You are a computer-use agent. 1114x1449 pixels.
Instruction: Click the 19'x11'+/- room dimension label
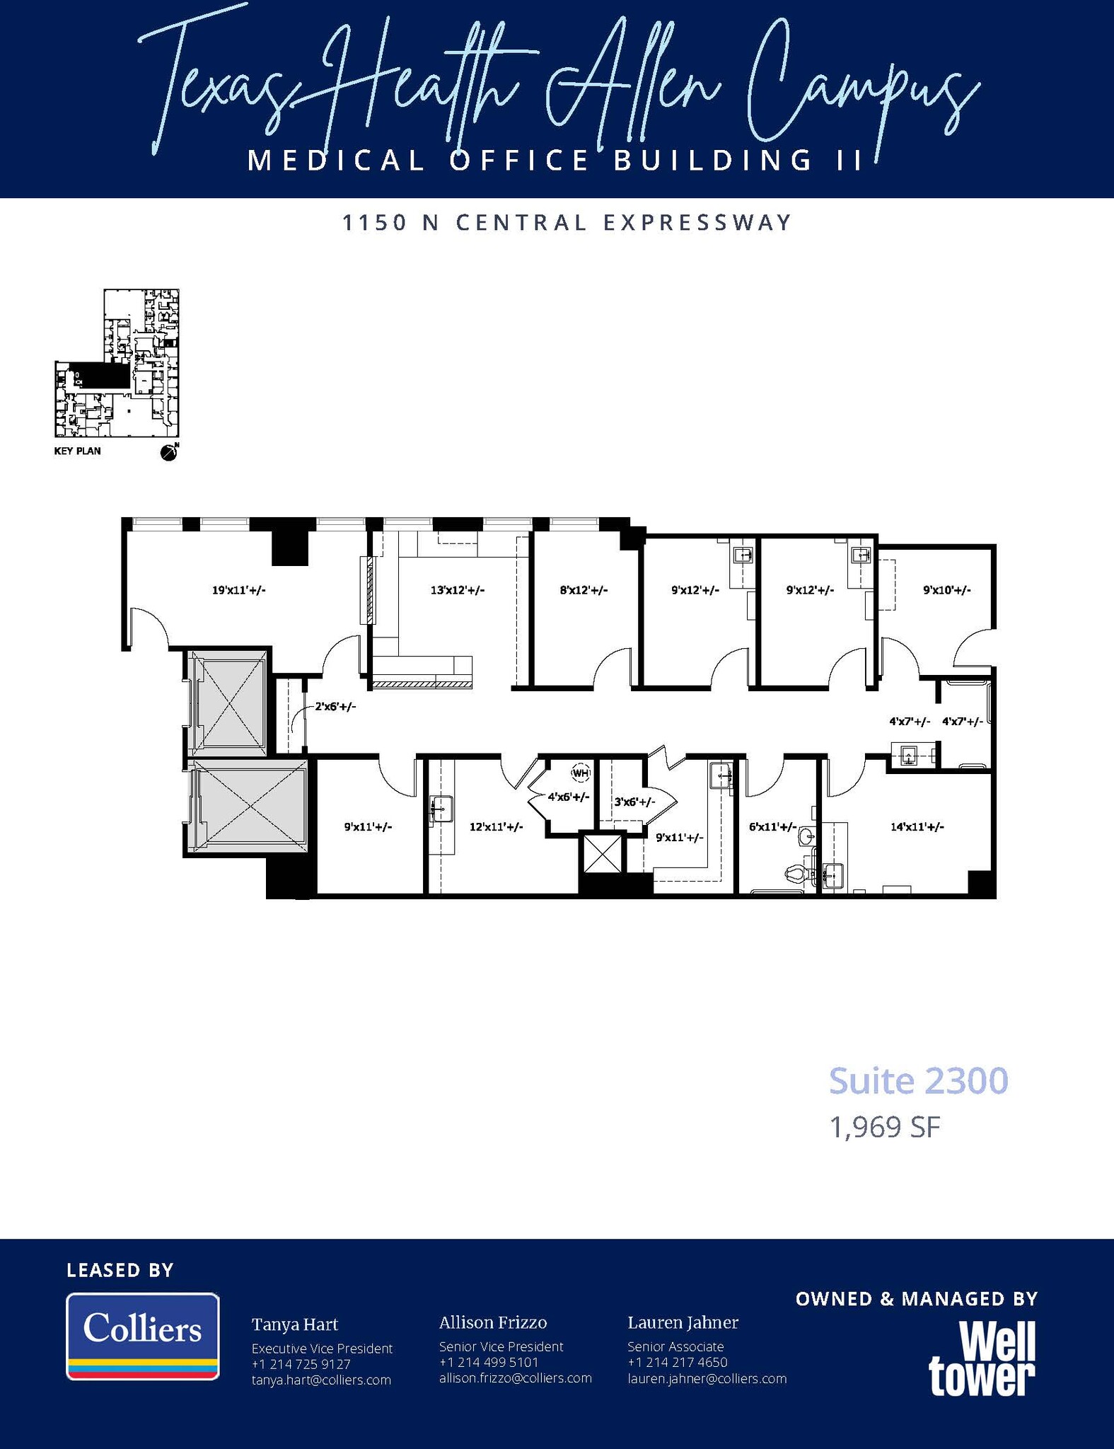pos(238,589)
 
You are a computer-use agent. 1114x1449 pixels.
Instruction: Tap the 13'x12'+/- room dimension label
pos(457,589)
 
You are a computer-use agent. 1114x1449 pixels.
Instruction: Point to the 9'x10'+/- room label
pos(946,589)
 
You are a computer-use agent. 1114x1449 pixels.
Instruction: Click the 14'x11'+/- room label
pos(917,826)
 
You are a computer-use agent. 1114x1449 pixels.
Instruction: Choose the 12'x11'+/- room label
pos(496,826)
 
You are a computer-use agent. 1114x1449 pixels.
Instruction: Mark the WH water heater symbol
pos(580,773)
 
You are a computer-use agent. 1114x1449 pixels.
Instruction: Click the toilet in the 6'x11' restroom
pos(798,874)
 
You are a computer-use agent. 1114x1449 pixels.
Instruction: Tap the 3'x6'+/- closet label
pos(634,802)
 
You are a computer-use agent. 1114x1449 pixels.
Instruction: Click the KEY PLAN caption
pos(77,451)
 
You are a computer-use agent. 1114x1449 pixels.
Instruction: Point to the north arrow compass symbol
pos(169,452)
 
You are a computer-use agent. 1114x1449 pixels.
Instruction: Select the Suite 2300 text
pos(917,1081)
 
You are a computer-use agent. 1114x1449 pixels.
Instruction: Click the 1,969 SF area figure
pos(884,1128)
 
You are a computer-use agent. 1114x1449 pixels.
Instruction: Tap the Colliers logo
pos(143,1336)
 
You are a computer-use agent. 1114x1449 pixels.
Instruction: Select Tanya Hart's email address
pos(321,1380)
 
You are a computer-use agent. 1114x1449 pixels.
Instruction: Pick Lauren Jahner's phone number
pos(677,1362)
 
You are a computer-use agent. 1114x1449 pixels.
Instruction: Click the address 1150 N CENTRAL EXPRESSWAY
pos(567,223)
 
